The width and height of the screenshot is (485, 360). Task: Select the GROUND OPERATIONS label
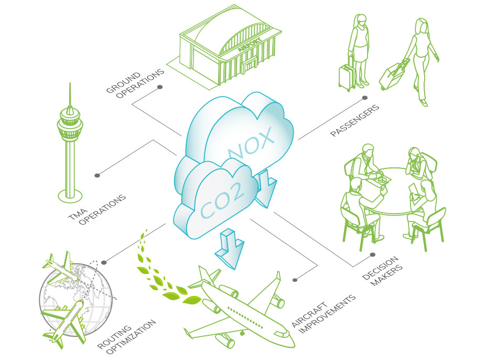click(x=135, y=83)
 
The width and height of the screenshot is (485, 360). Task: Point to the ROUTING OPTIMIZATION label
click(x=127, y=336)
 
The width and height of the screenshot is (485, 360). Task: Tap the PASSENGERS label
click(x=354, y=120)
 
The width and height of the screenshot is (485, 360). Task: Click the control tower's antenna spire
click(x=70, y=94)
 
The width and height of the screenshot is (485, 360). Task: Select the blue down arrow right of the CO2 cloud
click(x=266, y=188)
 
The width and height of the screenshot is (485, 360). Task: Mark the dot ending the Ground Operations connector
click(x=160, y=87)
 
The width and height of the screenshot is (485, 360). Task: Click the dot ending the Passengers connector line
click(x=365, y=98)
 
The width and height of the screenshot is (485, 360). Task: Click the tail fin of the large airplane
click(x=207, y=274)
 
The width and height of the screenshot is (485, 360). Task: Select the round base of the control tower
click(x=70, y=196)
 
